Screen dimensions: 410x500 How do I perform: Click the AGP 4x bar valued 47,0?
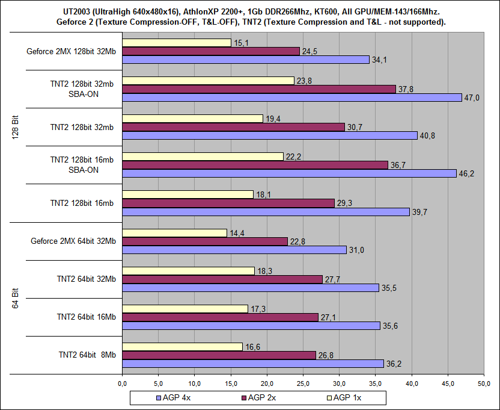[291, 98]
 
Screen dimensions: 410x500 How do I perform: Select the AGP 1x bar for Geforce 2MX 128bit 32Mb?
[176, 43]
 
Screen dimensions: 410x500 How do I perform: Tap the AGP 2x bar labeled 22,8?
[204, 241]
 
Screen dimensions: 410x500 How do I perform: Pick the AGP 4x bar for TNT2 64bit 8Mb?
[252, 364]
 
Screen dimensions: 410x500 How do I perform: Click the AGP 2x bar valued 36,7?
[255, 165]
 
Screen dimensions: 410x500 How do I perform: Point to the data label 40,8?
[427, 135]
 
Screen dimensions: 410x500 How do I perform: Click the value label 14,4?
[236, 232]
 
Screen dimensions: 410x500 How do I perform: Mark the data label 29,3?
[344, 203]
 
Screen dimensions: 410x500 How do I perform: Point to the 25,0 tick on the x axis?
[303, 382]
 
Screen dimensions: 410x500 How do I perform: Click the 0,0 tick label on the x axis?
[122, 382]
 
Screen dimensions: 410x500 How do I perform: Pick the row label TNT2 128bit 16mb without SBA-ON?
[82, 203]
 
